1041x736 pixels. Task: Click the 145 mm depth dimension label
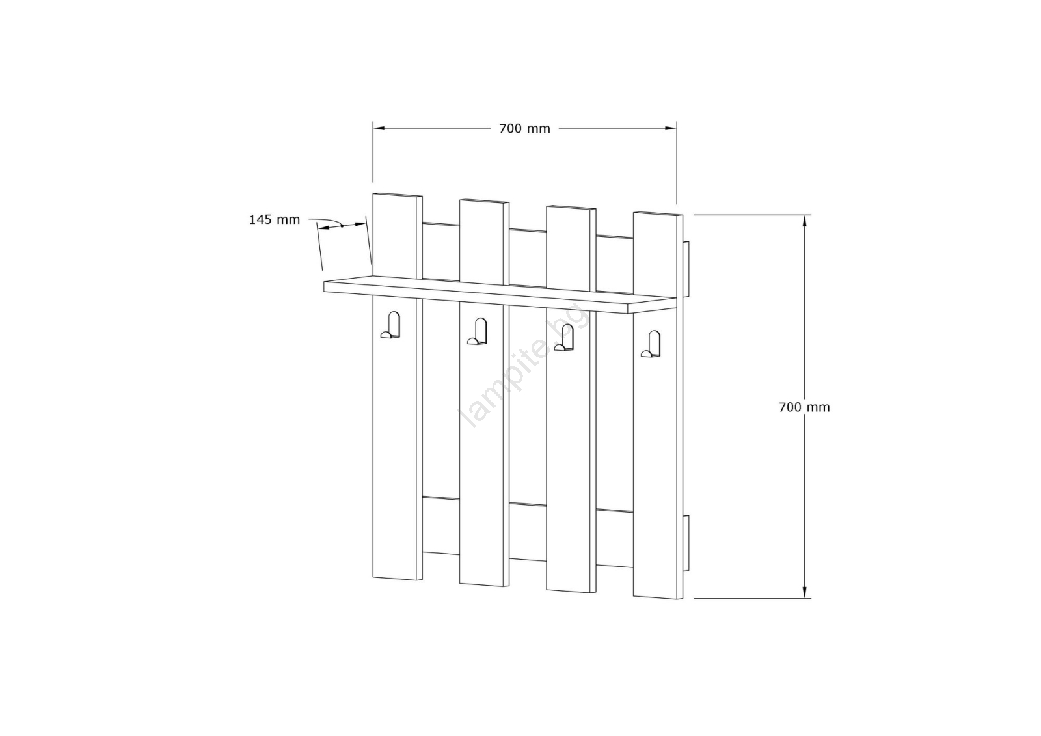click(274, 220)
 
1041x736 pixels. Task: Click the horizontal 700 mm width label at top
click(524, 129)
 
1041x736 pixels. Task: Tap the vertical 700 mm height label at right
click(804, 407)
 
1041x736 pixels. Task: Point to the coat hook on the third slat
click(563, 338)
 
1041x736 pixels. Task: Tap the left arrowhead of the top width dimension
click(379, 128)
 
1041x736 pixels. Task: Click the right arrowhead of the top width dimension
click(671, 128)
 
